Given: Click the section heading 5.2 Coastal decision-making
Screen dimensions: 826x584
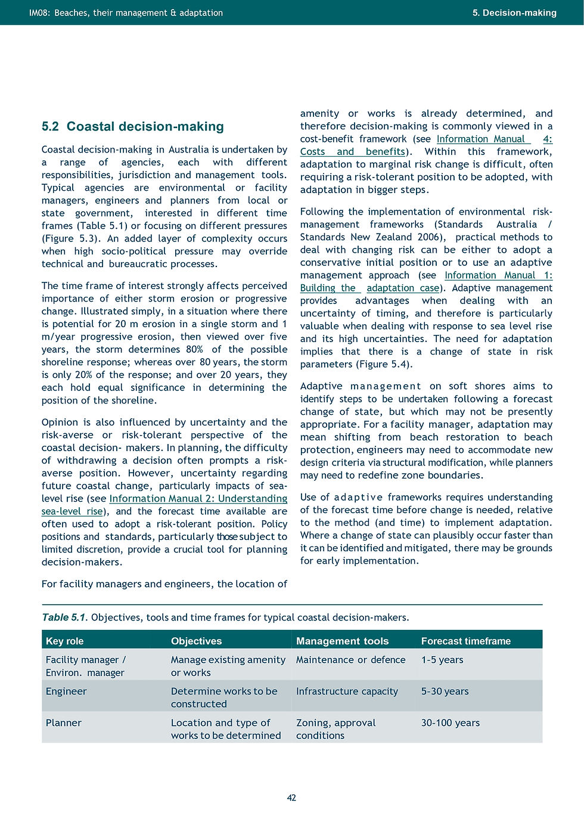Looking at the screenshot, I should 132,126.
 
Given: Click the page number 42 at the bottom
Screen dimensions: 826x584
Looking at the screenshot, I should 291,797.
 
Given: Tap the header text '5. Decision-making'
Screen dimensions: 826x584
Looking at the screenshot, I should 514,13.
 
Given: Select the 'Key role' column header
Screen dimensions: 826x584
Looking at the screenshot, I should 64,641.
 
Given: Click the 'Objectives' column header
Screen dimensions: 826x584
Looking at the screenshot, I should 196,641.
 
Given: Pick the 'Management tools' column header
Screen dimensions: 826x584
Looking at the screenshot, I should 342,641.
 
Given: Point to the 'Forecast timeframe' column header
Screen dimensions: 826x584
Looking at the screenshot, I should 465,641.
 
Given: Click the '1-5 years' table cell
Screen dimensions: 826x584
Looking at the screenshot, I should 442,660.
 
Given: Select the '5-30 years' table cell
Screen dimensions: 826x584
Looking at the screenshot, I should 445,691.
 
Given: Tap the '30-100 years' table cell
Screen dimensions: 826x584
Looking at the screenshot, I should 450,723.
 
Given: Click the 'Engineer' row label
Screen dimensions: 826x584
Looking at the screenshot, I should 66,691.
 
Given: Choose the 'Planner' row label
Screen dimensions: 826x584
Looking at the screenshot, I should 63,723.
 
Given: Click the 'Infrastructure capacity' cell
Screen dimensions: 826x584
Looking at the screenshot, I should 347,691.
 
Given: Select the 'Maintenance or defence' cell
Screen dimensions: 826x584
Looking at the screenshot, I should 350,660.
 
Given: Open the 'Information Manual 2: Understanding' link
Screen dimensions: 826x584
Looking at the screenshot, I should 198,498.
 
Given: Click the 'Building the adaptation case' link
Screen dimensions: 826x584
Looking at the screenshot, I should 369,288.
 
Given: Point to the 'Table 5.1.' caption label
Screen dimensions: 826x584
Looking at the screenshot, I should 65,617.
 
